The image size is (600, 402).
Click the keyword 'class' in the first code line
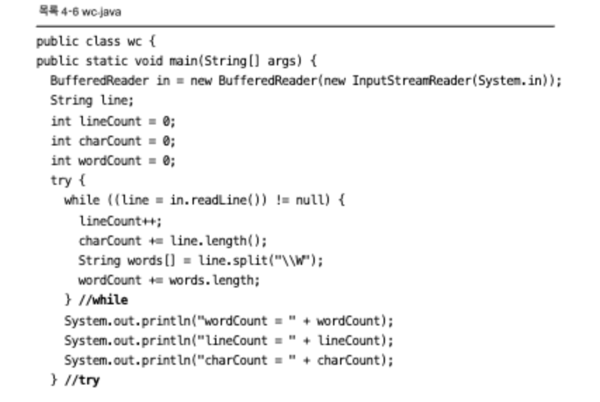(103, 41)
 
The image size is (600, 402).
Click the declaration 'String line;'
(91, 100)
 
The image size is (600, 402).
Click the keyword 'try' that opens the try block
(60, 181)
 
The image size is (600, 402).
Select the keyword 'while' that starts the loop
(81, 200)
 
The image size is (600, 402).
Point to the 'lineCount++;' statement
(120, 221)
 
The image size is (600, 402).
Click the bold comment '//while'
(105, 300)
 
